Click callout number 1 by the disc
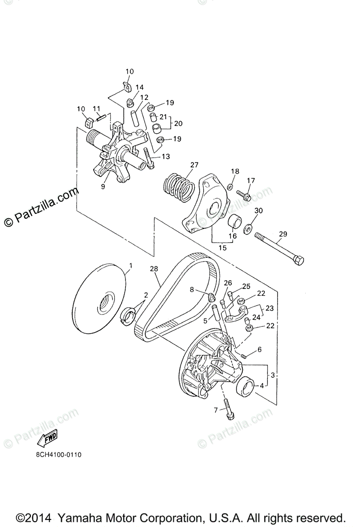coord(130,265)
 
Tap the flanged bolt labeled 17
coord(243,193)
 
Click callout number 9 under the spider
coord(103,186)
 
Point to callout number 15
coord(223,248)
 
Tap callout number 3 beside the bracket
coord(273,375)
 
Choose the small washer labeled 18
coord(230,188)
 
